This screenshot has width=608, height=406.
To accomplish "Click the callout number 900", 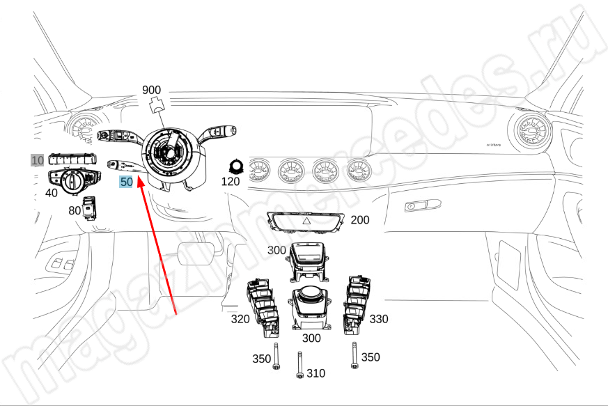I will pos(151,90).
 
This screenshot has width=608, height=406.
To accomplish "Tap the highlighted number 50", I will pos(126,182).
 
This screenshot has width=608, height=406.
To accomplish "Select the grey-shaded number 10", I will pos(36,160).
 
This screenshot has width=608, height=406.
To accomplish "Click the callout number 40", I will pos(52,192).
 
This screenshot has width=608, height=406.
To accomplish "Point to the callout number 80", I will pos(75,210).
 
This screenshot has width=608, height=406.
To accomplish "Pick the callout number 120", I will pos(231,182).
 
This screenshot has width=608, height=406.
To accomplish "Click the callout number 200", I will pos(360,220).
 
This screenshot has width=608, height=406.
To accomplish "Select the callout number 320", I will pos(241,319).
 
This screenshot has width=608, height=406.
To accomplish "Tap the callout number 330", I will pos(379,319).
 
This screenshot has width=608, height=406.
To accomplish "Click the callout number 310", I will pos(315,373).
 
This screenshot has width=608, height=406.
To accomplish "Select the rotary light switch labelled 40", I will pos(72,182).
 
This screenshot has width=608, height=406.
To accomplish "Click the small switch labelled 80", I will pos(90,207).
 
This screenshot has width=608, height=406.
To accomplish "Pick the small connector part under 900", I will pos(157,105).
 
